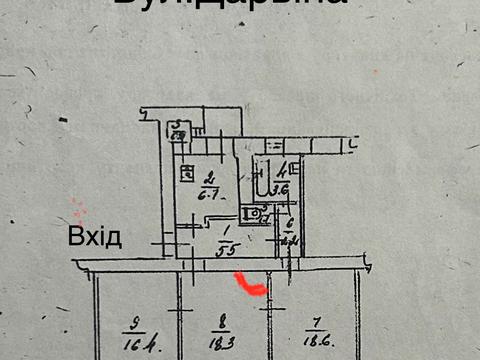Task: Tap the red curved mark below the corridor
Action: [x=249, y=287]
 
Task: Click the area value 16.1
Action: [x=131, y=345]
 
